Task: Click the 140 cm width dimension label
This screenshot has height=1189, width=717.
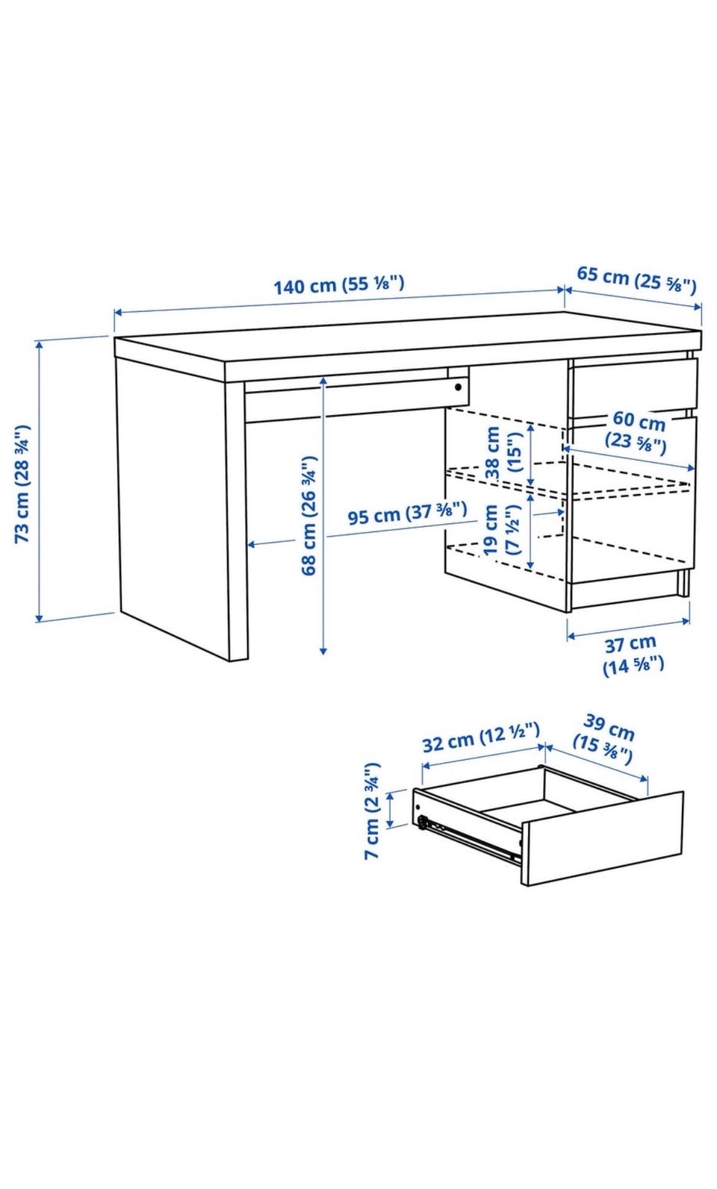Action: [x=339, y=284]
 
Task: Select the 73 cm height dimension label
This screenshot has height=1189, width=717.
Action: [x=23, y=483]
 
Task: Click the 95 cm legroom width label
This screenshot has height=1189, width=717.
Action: [x=407, y=513]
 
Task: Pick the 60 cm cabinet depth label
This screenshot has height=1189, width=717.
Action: [x=636, y=431]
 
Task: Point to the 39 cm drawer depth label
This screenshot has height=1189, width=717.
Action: [x=604, y=740]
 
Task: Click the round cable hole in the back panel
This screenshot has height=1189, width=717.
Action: [x=458, y=387]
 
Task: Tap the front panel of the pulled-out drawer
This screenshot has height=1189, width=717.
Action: [x=602, y=838]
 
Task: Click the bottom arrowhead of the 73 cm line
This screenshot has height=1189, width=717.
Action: [x=39, y=618]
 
